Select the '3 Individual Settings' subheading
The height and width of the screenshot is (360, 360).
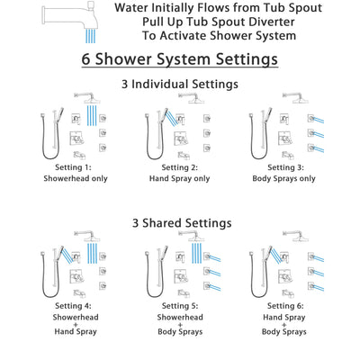point(179,85)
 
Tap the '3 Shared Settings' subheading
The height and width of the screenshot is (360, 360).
point(179,223)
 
